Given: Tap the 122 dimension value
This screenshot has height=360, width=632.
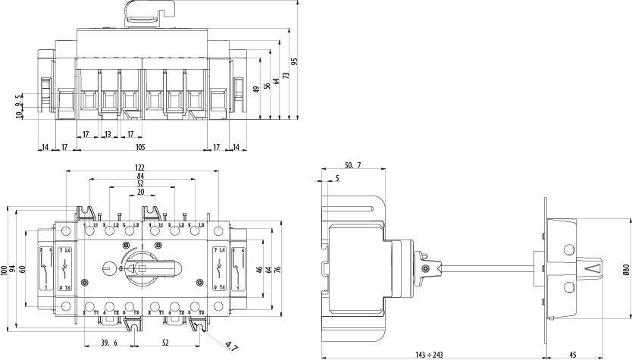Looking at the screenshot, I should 140,167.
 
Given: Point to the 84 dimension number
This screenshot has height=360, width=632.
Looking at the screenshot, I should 140,176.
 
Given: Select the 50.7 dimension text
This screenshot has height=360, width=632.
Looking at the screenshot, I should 352,164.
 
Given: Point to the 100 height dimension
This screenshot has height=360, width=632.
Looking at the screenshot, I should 5,270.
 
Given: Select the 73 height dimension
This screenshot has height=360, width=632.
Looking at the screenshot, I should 285,76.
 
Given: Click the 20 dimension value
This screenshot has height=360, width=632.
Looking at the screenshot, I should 140,193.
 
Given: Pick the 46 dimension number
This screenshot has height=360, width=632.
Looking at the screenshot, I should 258,270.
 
